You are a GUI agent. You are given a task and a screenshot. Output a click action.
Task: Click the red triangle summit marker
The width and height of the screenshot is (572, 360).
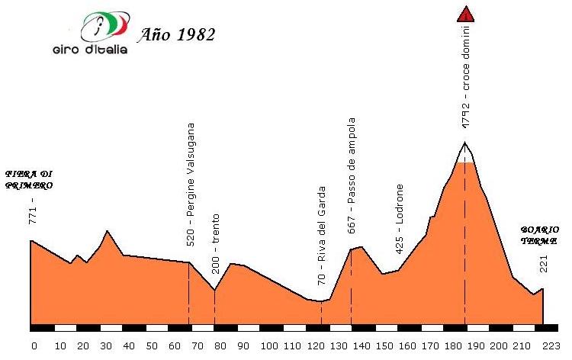465,13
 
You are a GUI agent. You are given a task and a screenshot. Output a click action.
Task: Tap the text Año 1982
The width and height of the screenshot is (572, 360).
177,34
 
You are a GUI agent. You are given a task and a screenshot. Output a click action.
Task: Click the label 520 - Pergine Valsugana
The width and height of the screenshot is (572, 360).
191,184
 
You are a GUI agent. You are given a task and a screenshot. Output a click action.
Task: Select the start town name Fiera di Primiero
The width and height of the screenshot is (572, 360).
28,178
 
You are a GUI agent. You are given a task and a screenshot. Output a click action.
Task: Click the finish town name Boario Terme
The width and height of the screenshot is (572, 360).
540,235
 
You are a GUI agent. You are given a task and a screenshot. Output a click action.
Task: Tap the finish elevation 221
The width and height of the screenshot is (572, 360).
543,264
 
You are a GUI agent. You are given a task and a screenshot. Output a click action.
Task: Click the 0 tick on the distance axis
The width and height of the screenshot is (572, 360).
34,345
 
